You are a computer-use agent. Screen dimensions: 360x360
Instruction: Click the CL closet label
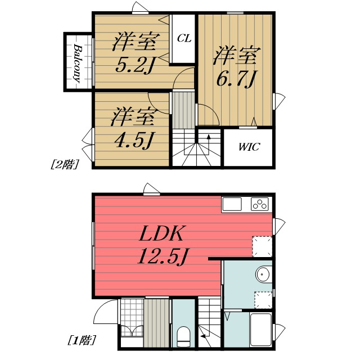click(x=184, y=38)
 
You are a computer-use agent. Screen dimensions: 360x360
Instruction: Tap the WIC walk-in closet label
click(x=249, y=147)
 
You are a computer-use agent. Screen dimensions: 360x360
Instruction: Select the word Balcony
click(x=78, y=64)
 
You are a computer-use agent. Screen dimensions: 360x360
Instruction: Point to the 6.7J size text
click(x=236, y=79)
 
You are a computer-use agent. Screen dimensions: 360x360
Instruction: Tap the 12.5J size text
click(x=163, y=256)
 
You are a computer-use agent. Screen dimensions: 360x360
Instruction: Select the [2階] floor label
click(x=65, y=164)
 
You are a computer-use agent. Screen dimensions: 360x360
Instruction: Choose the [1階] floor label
click(x=82, y=340)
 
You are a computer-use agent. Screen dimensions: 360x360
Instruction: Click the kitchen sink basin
click(x=232, y=204)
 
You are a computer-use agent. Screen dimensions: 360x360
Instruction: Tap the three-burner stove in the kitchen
click(x=260, y=204)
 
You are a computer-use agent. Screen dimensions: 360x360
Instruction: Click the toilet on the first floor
click(x=183, y=336)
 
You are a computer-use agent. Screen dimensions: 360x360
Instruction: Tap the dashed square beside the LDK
click(x=262, y=246)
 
